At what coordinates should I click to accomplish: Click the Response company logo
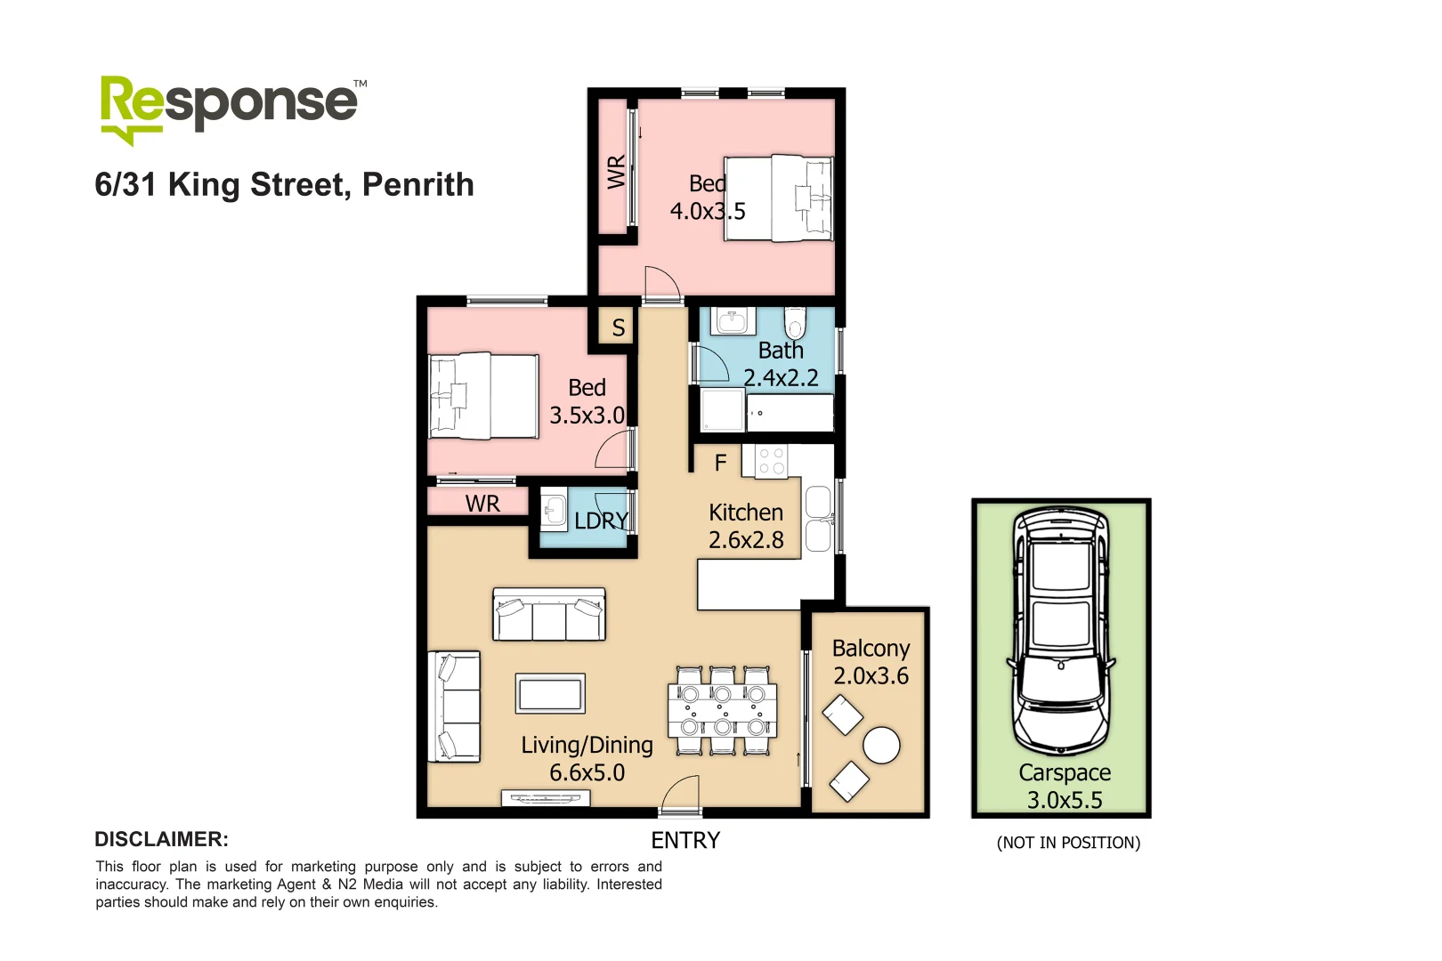pyautogui.click(x=230, y=108)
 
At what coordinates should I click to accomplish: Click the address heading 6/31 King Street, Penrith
pyautogui.click(x=284, y=185)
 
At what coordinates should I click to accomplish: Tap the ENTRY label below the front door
pyautogui.click(x=685, y=841)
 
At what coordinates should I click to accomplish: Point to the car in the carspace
pyautogui.click(x=1060, y=632)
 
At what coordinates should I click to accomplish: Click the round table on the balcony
pyautogui.click(x=881, y=746)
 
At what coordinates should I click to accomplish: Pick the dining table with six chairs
pyautogui.click(x=722, y=709)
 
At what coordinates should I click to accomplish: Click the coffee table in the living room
pyautogui.click(x=550, y=693)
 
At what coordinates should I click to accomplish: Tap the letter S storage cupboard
pyautogui.click(x=618, y=328)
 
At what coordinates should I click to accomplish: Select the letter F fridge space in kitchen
pyautogui.click(x=720, y=463)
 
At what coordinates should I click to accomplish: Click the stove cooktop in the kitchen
pyautogui.click(x=771, y=461)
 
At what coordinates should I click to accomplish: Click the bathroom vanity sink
pyautogui.click(x=733, y=320)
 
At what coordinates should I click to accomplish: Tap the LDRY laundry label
pyautogui.click(x=601, y=521)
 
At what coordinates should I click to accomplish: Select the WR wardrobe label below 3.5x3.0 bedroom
pyautogui.click(x=482, y=505)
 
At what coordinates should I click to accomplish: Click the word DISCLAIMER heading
pyautogui.click(x=161, y=840)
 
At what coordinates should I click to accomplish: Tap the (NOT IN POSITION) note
pyautogui.click(x=1068, y=843)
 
